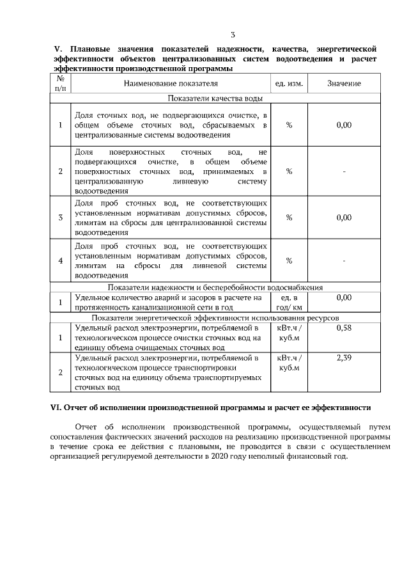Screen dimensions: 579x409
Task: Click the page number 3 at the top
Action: point(233,35)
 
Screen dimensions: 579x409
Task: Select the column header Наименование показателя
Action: point(171,84)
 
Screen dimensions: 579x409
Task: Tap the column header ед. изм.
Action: point(289,84)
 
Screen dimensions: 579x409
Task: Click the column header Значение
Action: point(344,84)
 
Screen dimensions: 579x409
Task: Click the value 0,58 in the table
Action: point(344,328)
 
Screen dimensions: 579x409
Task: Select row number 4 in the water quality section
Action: point(60,261)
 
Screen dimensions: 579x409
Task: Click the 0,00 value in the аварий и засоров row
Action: point(344,297)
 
